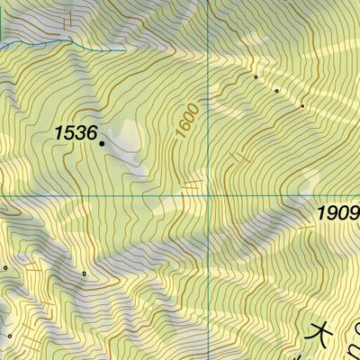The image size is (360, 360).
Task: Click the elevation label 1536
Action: point(75,132)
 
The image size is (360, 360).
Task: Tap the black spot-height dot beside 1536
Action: point(102,142)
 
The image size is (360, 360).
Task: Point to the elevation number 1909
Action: point(337,214)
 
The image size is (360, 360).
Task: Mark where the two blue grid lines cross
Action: point(209,194)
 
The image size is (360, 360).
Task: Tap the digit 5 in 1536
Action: point(67,132)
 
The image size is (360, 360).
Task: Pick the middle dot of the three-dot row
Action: point(276,90)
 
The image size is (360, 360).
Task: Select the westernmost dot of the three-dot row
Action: point(256,77)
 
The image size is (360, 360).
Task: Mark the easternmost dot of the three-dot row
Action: point(302,106)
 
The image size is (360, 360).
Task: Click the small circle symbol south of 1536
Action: point(84,273)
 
